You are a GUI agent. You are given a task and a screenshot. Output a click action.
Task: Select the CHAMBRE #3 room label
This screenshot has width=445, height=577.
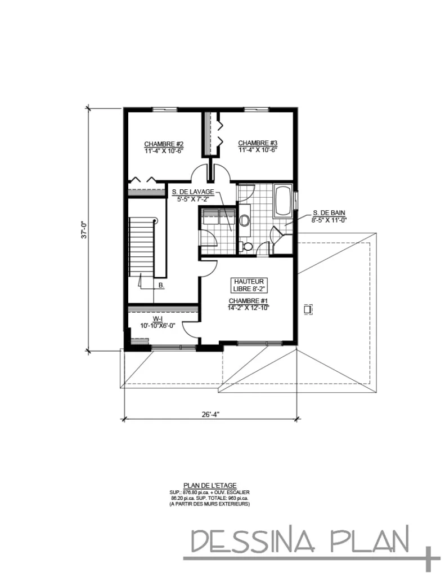click(x=258, y=143)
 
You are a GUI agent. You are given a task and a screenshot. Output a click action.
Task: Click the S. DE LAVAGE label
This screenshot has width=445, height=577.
click(x=192, y=192)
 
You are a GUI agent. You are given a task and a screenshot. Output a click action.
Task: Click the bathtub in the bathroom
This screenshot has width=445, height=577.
click(x=282, y=200)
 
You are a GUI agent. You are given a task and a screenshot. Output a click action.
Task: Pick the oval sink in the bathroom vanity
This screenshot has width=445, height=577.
click(x=245, y=220)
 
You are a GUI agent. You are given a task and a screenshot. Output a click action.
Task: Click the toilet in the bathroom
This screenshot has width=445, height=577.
click(x=246, y=246)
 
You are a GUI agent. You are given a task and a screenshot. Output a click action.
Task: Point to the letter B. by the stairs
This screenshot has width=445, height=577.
click(x=161, y=286)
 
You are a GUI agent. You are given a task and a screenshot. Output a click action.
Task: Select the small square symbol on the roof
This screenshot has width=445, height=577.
click(x=307, y=309)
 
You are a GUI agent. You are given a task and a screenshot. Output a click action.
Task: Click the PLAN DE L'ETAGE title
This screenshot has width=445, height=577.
click(x=209, y=485)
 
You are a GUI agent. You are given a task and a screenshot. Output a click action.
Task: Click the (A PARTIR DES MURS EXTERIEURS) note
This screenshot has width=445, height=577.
click(x=209, y=504)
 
